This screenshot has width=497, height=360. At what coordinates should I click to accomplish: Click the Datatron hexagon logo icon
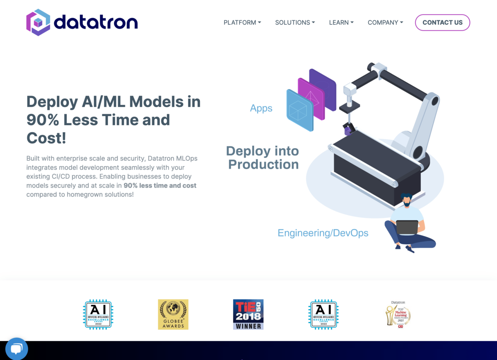(38, 22)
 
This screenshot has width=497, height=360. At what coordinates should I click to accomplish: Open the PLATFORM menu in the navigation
(242, 22)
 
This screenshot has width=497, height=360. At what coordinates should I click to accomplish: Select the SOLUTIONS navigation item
(295, 22)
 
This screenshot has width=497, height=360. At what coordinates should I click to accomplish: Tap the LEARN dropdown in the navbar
(341, 22)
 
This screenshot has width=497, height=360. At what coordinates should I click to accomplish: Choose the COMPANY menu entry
(385, 22)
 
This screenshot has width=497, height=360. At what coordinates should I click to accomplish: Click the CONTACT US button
(442, 22)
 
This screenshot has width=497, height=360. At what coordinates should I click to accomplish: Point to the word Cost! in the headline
(46, 138)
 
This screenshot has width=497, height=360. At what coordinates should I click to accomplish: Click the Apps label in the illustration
(261, 108)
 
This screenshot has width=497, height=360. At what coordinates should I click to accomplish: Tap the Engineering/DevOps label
(323, 233)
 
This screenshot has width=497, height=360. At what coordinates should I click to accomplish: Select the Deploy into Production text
(263, 157)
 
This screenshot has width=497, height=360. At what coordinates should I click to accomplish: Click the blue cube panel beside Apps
(300, 111)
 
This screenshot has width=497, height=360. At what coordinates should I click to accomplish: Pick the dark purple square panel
(323, 89)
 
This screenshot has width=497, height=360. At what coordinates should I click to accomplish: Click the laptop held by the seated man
(407, 227)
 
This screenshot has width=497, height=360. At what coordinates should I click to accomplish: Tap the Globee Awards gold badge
(173, 314)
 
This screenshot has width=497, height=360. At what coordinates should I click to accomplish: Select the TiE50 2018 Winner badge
(248, 314)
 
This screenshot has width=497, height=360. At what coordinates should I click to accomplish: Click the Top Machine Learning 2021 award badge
(398, 315)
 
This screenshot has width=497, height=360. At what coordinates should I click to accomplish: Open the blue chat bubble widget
(17, 349)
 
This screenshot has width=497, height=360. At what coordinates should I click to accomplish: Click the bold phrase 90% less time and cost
(160, 185)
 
